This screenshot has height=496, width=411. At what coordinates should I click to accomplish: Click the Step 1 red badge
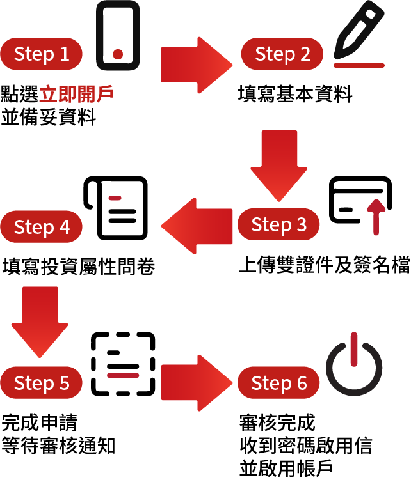click(42, 54)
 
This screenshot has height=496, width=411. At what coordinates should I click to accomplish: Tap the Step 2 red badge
click(282, 54)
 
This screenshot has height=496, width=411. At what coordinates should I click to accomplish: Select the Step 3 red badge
click(278, 224)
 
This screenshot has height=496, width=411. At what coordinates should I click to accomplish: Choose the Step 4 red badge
click(42, 227)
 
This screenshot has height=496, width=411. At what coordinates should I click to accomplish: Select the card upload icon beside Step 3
click(360, 204)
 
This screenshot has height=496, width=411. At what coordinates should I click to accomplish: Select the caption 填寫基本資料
click(295, 95)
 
